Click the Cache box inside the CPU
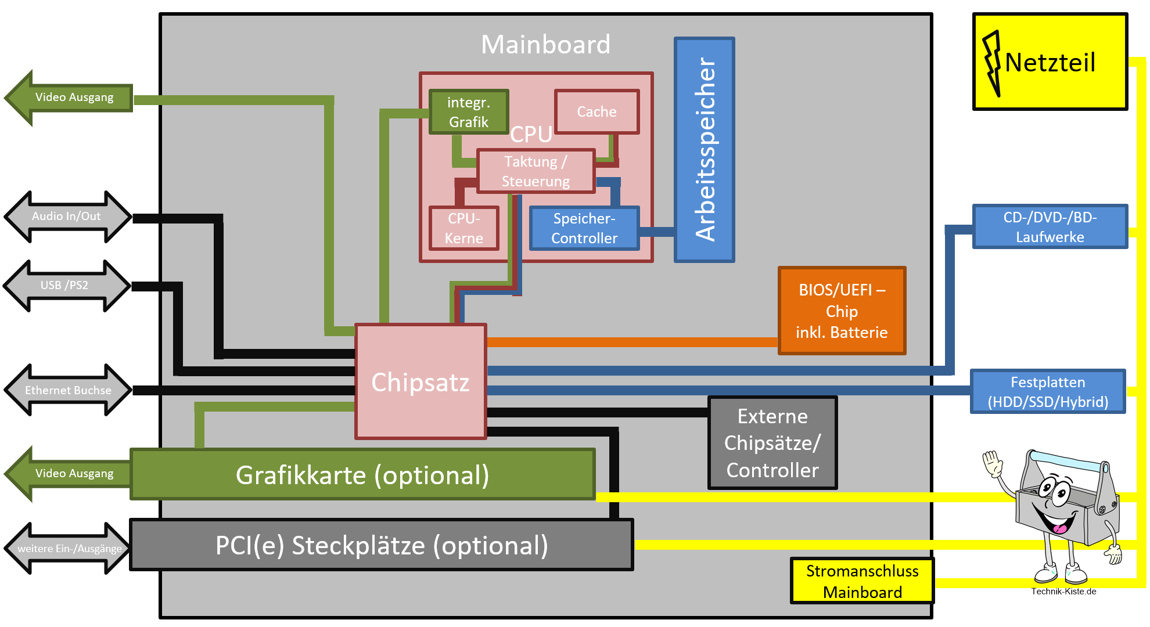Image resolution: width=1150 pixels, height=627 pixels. pyautogui.click(x=596, y=111)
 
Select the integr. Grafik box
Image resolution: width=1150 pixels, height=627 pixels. pyautogui.click(x=469, y=111)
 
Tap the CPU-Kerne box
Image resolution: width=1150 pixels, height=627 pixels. pyautogui.click(x=463, y=228)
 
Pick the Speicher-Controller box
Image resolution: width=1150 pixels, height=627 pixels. pyautogui.click(x=584, y=228)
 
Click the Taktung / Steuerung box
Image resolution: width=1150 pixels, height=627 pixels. pyautogui.click(x=536, y=171)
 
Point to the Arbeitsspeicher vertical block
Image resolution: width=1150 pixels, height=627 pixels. pyautogui.click(x=704, y=150)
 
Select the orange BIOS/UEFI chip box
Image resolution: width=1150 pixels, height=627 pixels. pyautogui.click(x=842, y=311)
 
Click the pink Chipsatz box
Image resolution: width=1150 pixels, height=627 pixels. pyautogui.click(x=421, y=381)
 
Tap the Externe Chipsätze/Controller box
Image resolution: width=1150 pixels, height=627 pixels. pyautogui.click(x=772, y=443)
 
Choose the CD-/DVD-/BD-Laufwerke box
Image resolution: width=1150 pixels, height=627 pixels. pyautogui.click(x=1050, y=226)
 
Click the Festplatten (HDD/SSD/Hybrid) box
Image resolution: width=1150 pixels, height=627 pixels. pyautogui.click(x=1047, y=391)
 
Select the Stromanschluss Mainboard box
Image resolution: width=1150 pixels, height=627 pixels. pyautogui.click(x=862, y=581)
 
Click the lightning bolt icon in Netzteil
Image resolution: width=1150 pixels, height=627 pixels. pyautogui.click(x=991, y=63)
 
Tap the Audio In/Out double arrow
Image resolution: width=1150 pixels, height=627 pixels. pyautogui.click(x=67, y=217)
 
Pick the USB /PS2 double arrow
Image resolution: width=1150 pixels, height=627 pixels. pyautogui.click(x=66, y=285)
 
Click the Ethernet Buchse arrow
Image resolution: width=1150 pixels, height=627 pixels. pyautogui.click(x=67, y=390)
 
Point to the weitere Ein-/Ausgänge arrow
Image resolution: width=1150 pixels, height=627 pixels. pyautogui.click(x=69, y=548)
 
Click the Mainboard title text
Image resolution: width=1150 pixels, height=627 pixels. pyautogui.click(x=545, y=45)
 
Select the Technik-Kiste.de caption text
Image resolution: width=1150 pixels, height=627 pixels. pyautogui.click(x=1063, y=592)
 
